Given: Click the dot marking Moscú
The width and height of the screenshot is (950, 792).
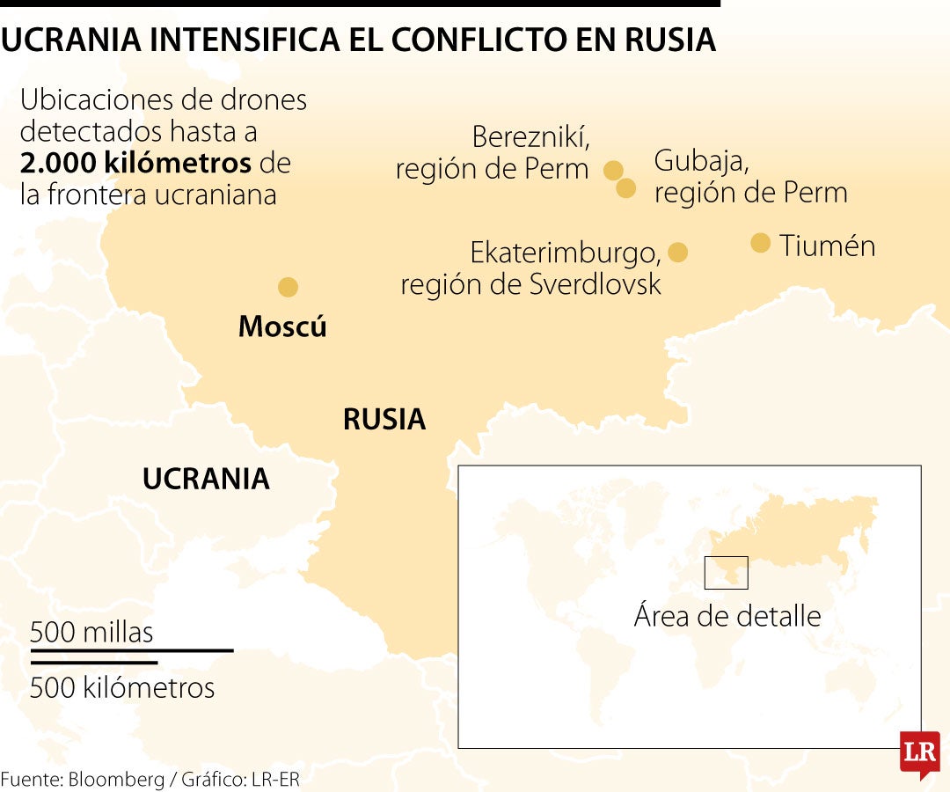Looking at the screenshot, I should [288, 287].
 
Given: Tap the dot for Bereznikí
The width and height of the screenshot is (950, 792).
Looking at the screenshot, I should [614, 170].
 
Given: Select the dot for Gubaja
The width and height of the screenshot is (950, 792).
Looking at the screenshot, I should [626, 187].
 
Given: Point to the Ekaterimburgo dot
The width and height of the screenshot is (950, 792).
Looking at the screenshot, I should [677, 253].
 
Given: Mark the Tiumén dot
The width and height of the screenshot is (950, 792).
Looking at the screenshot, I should [761, 243].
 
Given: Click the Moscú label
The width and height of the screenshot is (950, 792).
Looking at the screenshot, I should [282, 327].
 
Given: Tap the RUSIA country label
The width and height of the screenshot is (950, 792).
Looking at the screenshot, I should [384, 420].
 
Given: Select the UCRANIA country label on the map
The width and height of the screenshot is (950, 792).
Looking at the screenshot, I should [206, 479].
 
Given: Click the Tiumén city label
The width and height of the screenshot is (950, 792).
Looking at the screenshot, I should [827, 246].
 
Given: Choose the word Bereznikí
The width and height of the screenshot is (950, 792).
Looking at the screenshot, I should [530, 138].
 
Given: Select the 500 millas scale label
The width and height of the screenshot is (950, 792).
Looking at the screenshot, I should [91, 632].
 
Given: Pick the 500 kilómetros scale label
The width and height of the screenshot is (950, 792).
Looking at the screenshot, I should [122, 687].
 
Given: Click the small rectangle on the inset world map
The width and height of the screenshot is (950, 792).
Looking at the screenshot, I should [726, 573].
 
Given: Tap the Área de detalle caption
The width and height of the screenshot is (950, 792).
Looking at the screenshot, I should [727, 616].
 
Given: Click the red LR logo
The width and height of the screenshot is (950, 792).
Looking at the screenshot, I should [919, 753].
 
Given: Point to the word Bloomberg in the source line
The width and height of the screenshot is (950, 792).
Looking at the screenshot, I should [118, 780].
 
